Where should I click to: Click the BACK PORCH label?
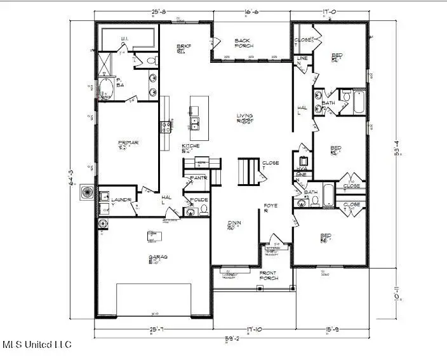244,43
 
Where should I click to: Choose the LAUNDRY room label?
121,201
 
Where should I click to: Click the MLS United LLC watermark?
37,345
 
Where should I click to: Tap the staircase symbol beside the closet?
247,170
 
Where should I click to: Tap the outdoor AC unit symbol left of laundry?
87,192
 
